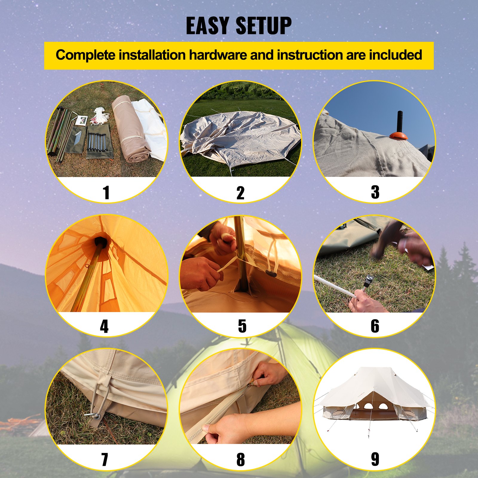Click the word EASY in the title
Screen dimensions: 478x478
click(x=207, y=26)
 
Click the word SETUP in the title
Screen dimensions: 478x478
click(x=263, y=26)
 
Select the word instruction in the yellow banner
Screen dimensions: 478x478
click(x=310, y=55)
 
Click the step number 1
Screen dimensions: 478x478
click(x=106, y=192)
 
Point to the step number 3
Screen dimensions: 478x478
click(x=375, y=192)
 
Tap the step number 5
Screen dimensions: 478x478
click(x=242, y=326)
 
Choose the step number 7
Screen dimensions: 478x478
click(x=105, y=459)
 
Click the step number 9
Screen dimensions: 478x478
click(x=375, y=459)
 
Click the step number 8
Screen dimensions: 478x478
click(x=240, y=459)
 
